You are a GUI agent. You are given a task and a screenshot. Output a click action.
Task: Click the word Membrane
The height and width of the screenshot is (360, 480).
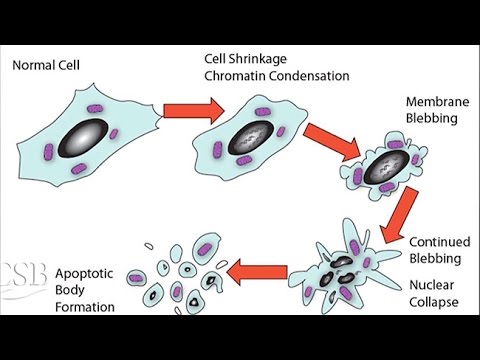coord(434,103)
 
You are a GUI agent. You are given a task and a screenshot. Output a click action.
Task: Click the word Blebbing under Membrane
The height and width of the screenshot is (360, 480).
coord(434,120)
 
